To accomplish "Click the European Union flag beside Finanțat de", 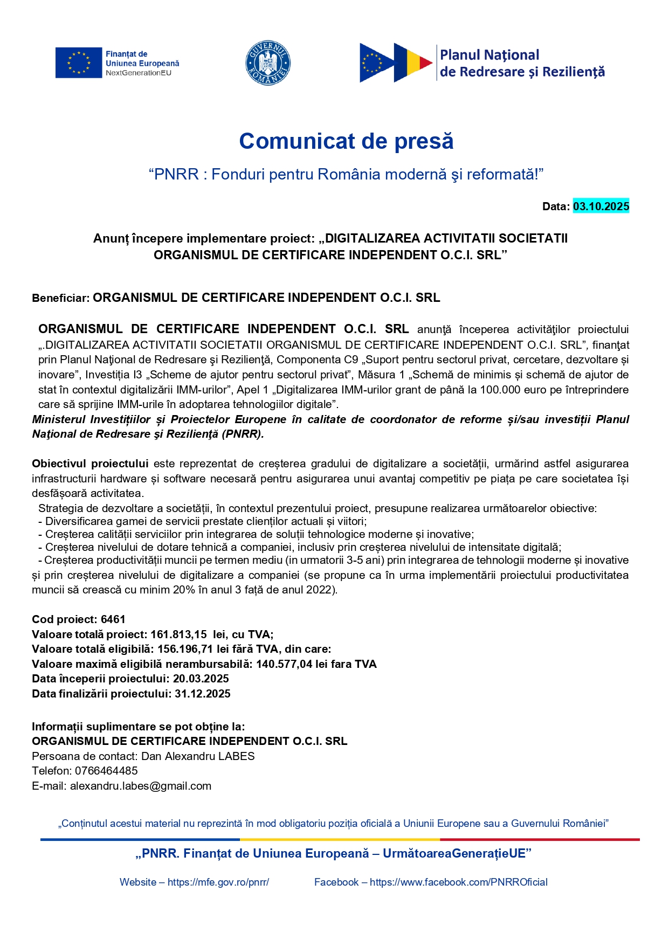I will [78, 63].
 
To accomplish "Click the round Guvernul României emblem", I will [268, 63].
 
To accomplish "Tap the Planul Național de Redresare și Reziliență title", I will [521, 63].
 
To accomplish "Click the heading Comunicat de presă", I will [346, 141].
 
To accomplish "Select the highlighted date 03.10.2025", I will [601, 206].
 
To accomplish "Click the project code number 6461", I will [113, 619].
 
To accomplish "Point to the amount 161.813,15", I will [178, 634].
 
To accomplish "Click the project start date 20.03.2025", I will [201, 679].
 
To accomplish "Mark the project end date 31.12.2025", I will [202, 694].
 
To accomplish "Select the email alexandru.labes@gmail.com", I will [140, 786].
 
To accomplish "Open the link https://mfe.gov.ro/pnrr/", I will [218, 882].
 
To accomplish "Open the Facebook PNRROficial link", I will [458, 882].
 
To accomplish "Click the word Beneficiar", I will [60, 298].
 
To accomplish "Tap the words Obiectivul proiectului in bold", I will [90, 464].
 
